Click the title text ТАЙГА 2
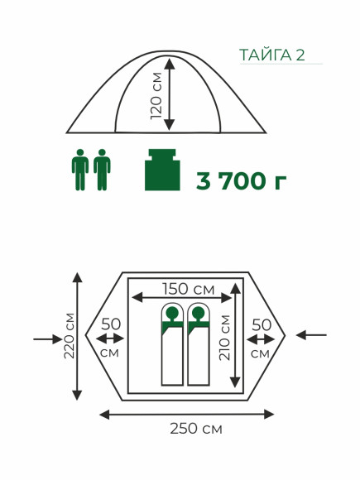(x=271, y=55)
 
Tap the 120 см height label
(x=156, y=96)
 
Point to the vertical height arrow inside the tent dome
(x=170, y=94)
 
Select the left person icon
(x=80, y=170)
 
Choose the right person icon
(x=102, y=170)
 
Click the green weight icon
(x=162, y=170)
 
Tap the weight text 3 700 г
(x=241, y=180)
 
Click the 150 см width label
(x=188, y=289)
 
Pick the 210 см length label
(x=224, y=338)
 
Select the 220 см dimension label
(x=70, y=335)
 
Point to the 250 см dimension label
(x=196, y=429)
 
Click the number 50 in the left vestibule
(x=111, y=324)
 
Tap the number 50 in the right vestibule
(x=262, y=324)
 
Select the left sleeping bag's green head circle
(x=172, y=313)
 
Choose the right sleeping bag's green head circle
(x=199, y=313)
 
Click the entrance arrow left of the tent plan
(x=48, y=339)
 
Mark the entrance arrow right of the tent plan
(x=311, y=335)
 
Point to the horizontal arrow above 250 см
(x=187, y=415)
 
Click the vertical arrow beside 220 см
(x=78, y=336)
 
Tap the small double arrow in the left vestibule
(x=110, y=338)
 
